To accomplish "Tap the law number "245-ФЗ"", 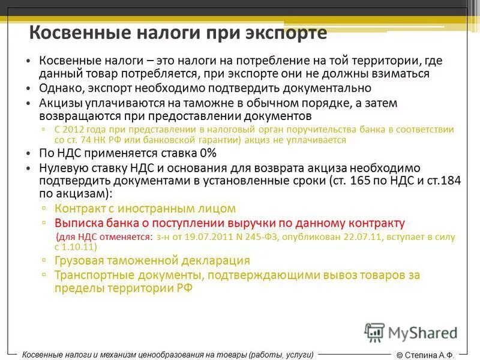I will (x=259, y=237).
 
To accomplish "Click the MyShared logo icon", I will (x=374, y=332).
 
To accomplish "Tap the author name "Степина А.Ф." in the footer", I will (x=430, y=355).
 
